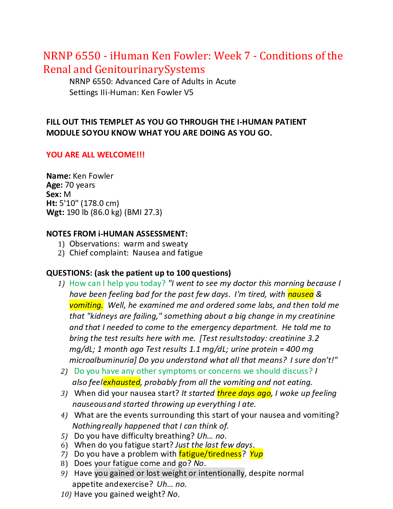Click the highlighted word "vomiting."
[86, 305]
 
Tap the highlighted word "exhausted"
[122, 382]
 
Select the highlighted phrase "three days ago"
[244, 393]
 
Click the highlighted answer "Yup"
[256, 454]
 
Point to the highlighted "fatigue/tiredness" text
[210, 454]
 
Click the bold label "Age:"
[55, 185]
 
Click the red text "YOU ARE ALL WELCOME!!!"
[96, 155]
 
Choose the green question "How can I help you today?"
[118, 283]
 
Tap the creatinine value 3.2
[313, 338]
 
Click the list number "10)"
[66, 494]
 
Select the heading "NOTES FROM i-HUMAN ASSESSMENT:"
[117, 234]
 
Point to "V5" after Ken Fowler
[189, 93]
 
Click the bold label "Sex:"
[54, 194]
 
